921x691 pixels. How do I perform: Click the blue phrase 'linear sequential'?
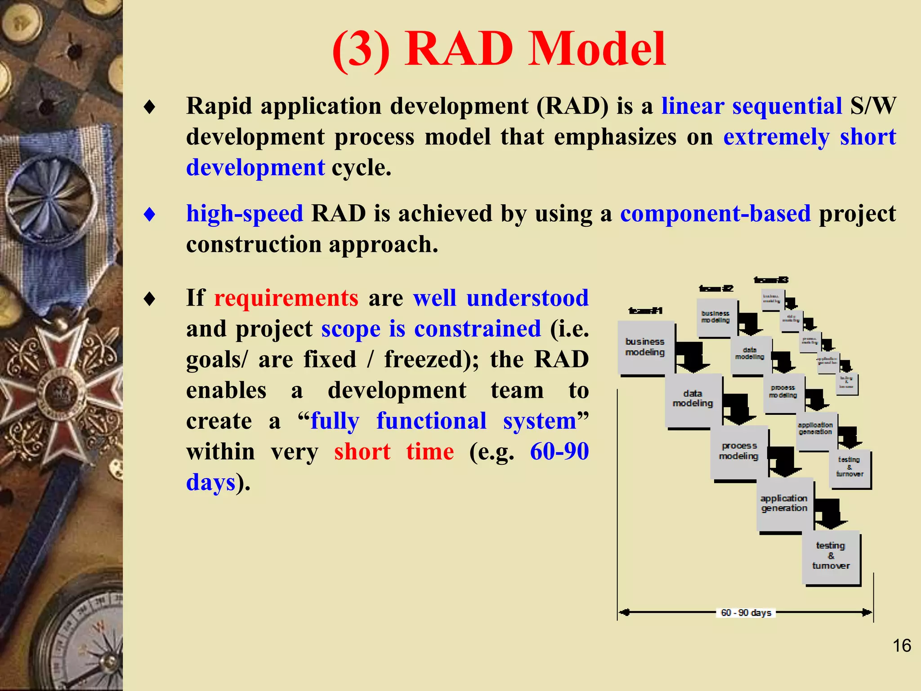pos(751,106)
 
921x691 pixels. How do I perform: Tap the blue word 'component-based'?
pos(715,213)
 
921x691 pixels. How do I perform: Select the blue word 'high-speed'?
pos(245,213)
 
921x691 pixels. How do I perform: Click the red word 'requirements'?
pos(286,298)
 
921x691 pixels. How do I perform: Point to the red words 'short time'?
pos(394,451)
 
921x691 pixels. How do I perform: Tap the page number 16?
pos(901,646)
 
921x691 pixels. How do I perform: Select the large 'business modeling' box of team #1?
pos(645,347)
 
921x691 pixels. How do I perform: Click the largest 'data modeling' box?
pos(693,399)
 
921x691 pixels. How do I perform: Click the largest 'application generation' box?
pos(784,503)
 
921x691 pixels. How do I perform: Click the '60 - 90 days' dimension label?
pos(746,613)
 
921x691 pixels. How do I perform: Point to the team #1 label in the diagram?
pos(645,310)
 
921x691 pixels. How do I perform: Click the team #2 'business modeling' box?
pos(715,317)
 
